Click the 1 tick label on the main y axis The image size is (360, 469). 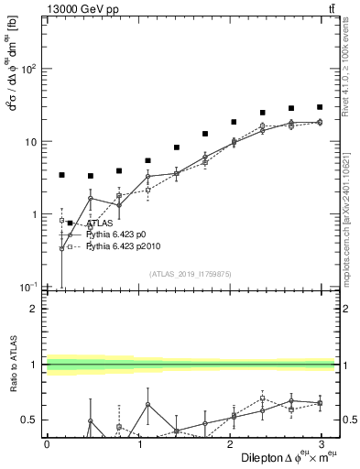(x=35, y=214)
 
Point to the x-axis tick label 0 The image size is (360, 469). (x=47, y=442)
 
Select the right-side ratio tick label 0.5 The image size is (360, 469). (x=348, y=420)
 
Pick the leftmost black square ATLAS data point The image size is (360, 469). (x=61, y=175)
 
